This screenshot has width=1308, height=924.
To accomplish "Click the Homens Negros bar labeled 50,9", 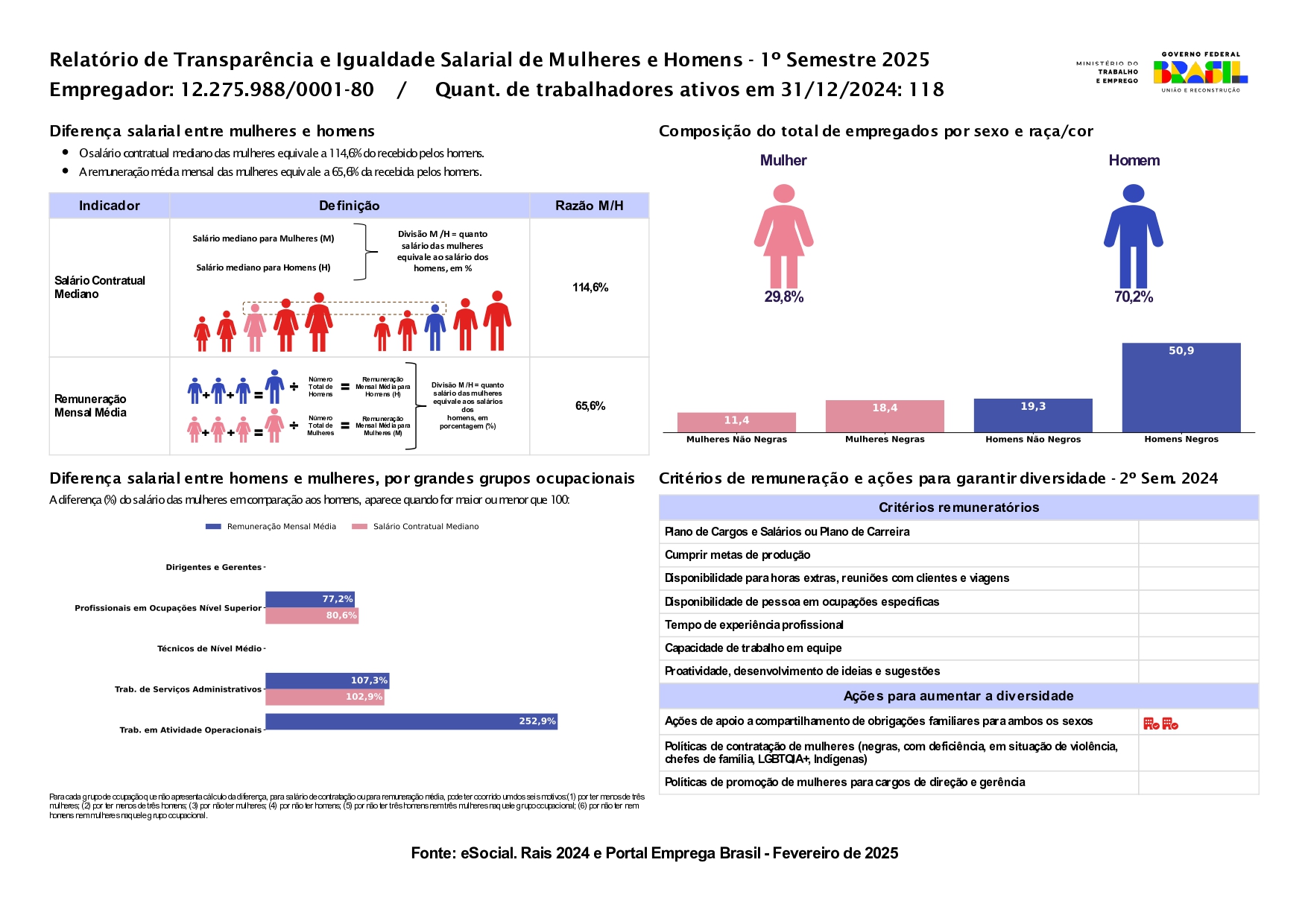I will tap(1181, 387).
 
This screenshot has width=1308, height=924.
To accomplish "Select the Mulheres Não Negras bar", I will tap(736, 422).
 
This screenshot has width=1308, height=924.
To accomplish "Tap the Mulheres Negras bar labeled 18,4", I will tap(885, 416).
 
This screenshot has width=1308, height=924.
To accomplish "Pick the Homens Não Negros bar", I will tap(1033, 415).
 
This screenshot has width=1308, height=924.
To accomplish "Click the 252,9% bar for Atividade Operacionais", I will tap(411, 721).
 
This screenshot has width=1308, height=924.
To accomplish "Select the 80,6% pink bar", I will tap(312, 616).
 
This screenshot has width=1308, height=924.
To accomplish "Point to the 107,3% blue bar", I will tap(327, 680).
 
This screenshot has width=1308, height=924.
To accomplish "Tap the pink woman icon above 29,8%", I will tap(783, 236).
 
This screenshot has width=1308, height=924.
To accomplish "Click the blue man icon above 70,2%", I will tap(1133, 236).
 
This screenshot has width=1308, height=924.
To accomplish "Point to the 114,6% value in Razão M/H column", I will tap(590, 288).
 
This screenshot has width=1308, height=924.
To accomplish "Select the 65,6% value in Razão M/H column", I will tap(590, 406).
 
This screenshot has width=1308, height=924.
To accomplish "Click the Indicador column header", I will tap(110, 206).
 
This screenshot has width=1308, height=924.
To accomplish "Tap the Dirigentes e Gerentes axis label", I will tap(213, 568).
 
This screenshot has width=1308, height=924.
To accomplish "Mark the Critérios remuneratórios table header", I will tap(958, 507).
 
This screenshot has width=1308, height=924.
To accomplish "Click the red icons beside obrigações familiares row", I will tap(1160, 723).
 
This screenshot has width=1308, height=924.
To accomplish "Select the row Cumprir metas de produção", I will tap(737, 555).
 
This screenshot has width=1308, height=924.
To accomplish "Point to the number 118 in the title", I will tap(926, 90).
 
